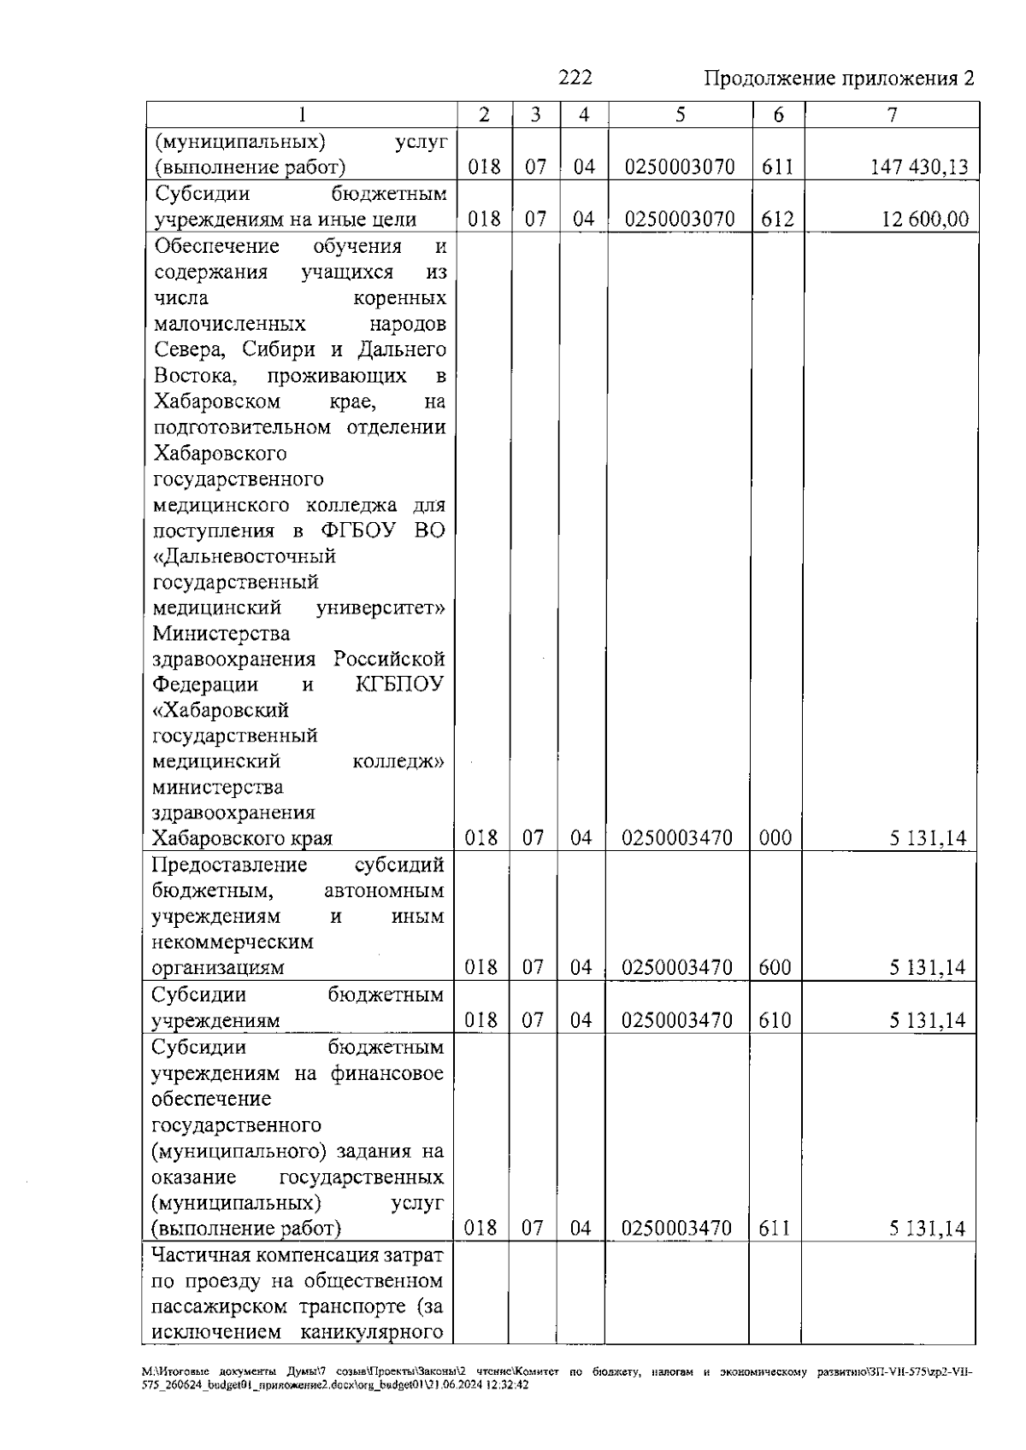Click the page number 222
point(575,79)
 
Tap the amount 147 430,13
point(919,167)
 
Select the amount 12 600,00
point(925,220)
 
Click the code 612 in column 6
point(777,220)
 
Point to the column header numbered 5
point(680,115)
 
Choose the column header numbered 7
point(892,115)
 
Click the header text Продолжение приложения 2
point(839,79)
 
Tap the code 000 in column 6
point(775,838)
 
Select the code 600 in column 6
point(775,968)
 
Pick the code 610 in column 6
point(775,1020)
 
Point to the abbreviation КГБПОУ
point(399,685)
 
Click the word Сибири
point(281,349)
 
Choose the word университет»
point(380,608)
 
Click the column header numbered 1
point(301,115)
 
